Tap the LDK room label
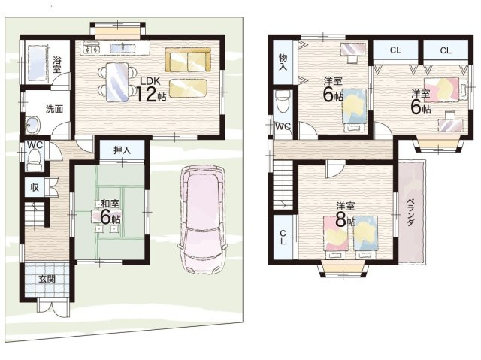point(150,81)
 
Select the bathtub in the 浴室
point(38,64)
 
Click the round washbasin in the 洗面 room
point(33,125)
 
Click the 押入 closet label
point(122,150)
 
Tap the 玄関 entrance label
point(47,280)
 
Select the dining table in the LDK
point(117,82)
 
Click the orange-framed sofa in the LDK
point(188,60)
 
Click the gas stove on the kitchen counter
point(91,48)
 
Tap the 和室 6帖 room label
point(110,212)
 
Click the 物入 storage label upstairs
point(283,62)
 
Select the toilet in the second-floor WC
point(283,101)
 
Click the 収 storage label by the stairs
point(35,187)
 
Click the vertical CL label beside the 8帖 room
point(283,237)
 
